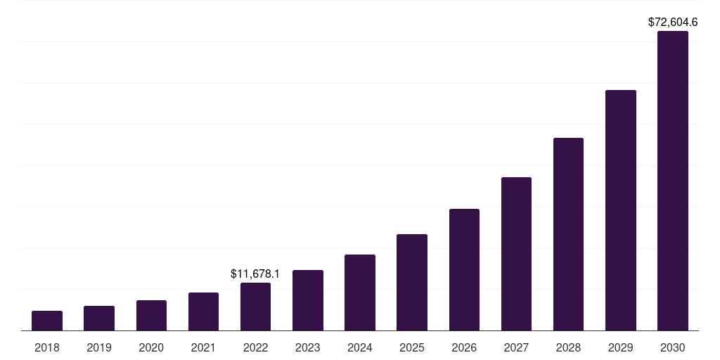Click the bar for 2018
(x=47, y=321)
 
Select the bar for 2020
(x=151, y=316)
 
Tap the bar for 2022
(x=255, y=307)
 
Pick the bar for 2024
(x=360, y=292)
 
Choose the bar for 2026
(x=464, y=270)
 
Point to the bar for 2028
(x=568, y=234)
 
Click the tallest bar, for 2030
(x=673, y=181)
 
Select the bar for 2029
(x=621, y=210)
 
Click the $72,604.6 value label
(x=673, y=22)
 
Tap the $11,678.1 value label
(x=255, y=274)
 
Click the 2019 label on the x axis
(x=99, y=347)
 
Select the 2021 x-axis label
(x=203, y=347)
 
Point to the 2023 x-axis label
(x=308, y=347)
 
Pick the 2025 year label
(x=412, y=347)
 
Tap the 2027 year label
(x=516, y=347)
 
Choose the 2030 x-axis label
(x=673, y=347)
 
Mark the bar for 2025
(x=412, y=283)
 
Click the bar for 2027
(x=516, y=254)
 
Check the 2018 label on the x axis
(x=47, y=347)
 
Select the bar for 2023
(x=308, y=300)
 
